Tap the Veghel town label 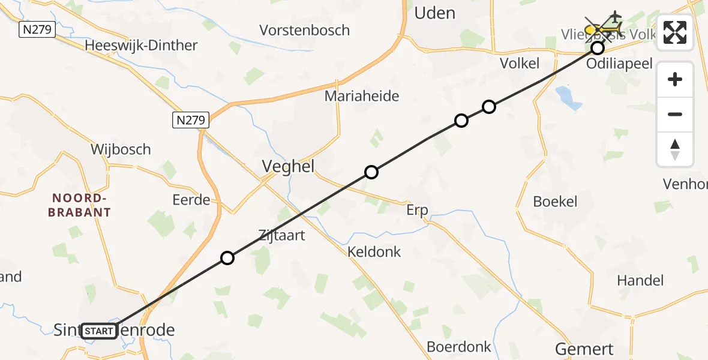[289, 167]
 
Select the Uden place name [435, 13]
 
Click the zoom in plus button [675, 79]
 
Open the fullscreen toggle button [675, 33]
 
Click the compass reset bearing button [675, 149]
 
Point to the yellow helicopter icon [602, 28]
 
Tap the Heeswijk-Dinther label [141, 45]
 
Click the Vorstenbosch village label [304, 29]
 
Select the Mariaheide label [362, 96]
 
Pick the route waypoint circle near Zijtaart [227, 258]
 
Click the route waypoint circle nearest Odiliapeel [597, 48]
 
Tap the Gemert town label [584, 349]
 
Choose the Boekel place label [555, 202]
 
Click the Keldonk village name [374, 252]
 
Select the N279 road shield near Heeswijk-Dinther [37, 29]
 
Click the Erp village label [417, 210]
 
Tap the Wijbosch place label [121, 149]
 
